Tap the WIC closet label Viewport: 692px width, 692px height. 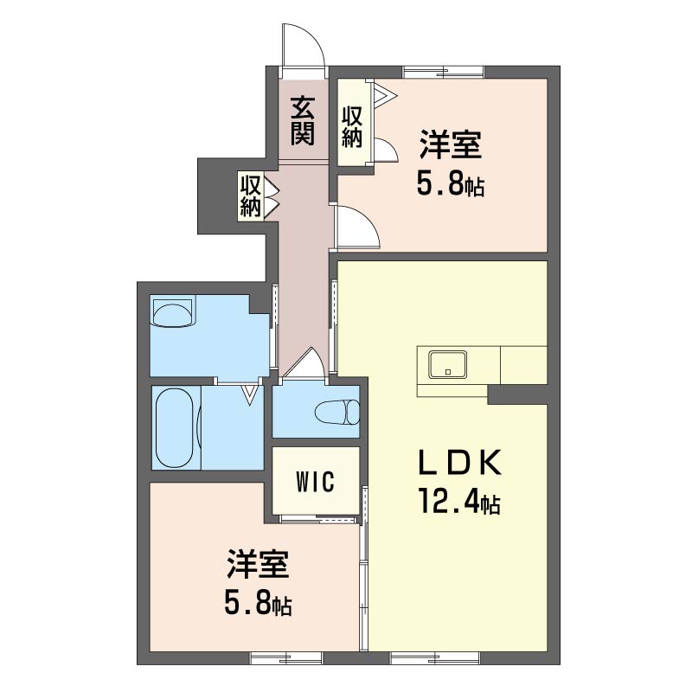tap(316, 482)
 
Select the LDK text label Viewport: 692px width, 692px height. tap(460, 462)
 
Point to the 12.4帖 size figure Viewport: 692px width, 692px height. tap(460, 502)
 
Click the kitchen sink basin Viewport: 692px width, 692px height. tap(448, 364)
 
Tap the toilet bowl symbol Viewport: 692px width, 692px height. tap(337, 413)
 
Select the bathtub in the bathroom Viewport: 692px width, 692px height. tap(175, 427)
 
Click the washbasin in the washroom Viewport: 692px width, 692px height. tap(173, 311)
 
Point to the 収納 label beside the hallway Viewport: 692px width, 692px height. tap(251, 195)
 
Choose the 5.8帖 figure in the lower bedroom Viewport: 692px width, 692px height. tap(258, 604)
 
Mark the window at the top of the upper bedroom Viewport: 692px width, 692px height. tap(444, 72)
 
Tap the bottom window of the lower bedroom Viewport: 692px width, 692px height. tap(287, 658)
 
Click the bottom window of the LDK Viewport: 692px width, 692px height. tap(435, 658)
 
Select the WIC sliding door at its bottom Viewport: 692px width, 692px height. tap(318, 520)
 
